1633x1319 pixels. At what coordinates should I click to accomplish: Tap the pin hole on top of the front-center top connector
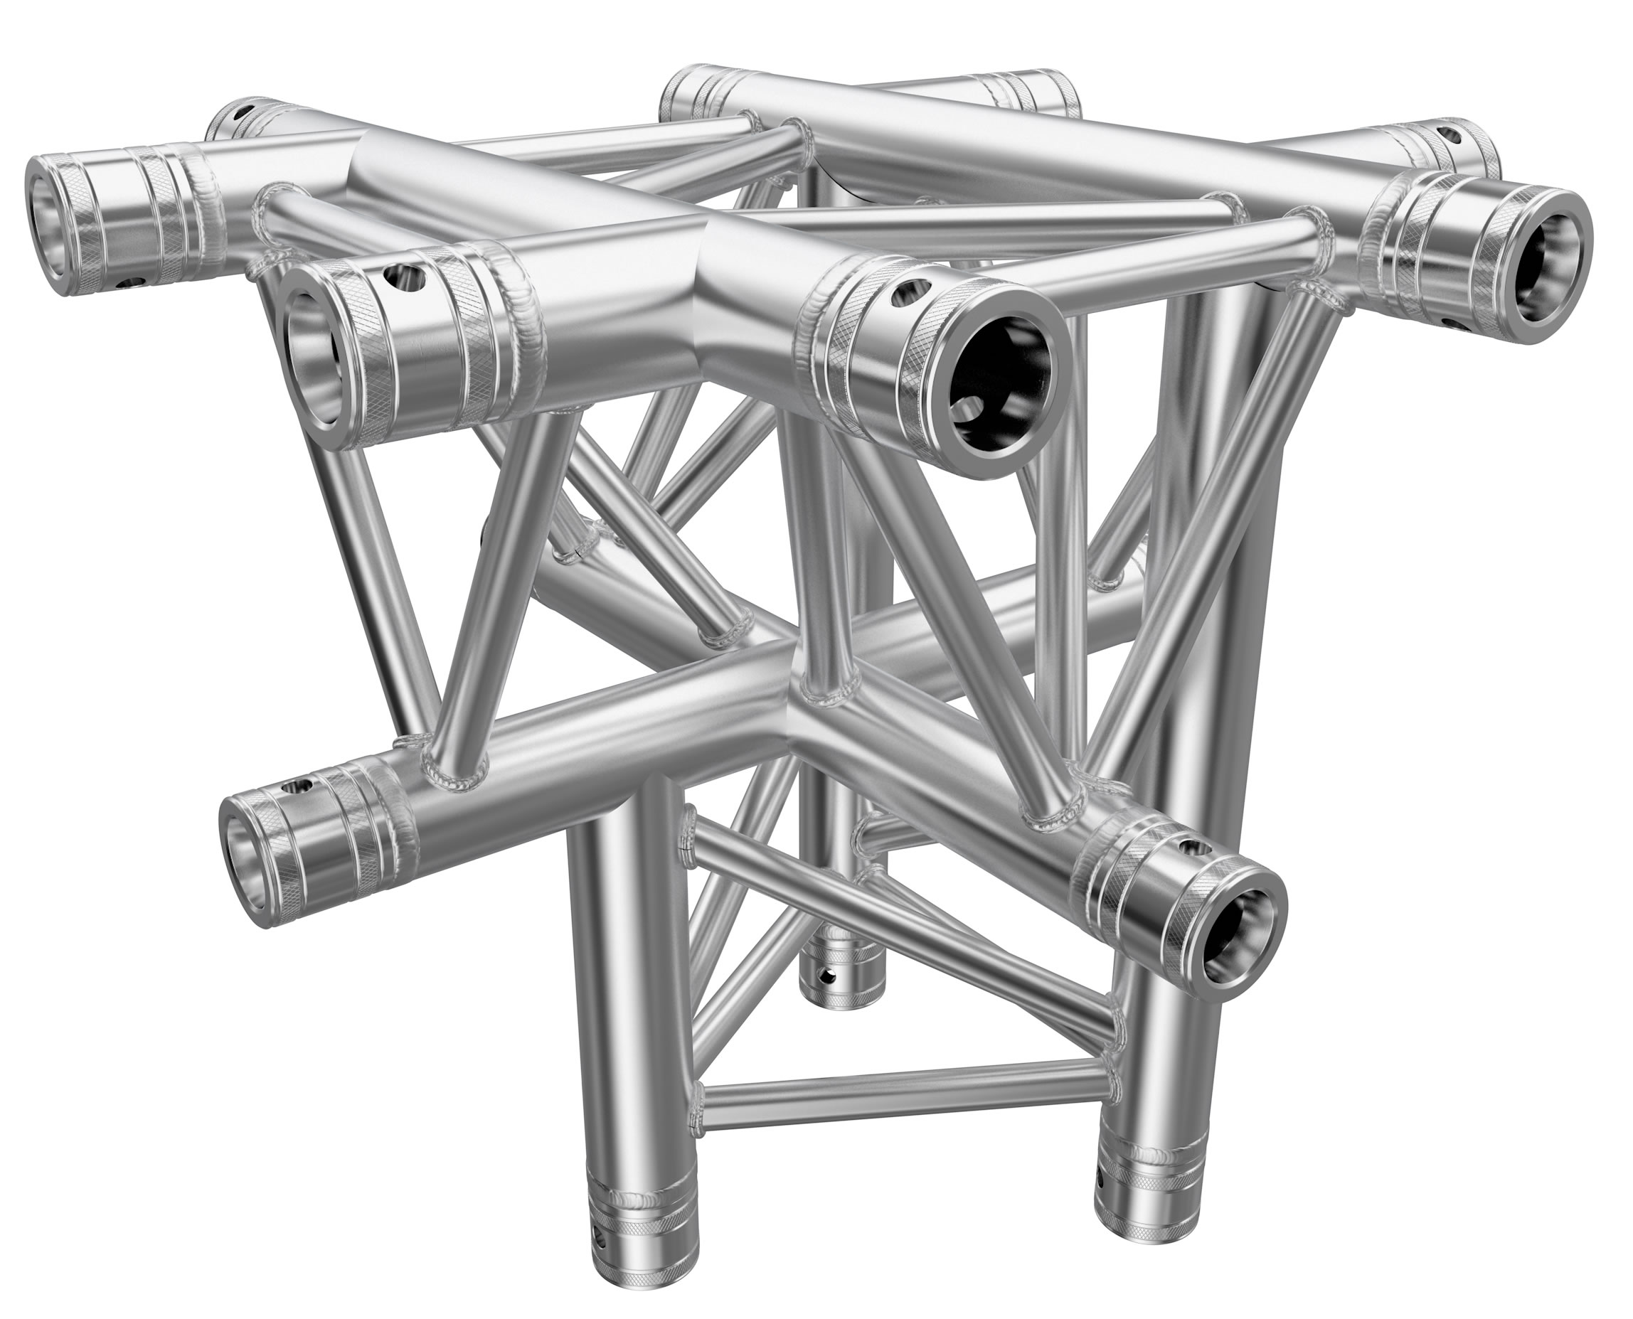click(x=910, y=289)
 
